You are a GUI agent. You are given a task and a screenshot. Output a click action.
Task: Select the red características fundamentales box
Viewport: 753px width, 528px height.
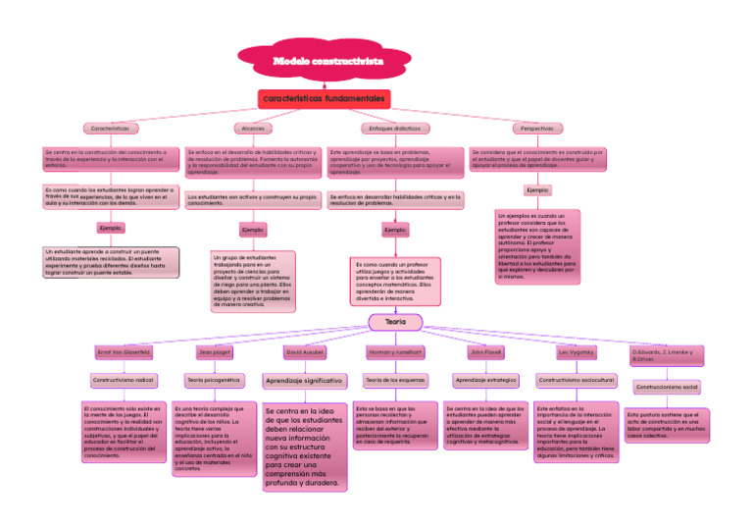click(325, 99)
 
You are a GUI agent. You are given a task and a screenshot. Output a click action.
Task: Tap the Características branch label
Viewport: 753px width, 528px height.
click(110, 129)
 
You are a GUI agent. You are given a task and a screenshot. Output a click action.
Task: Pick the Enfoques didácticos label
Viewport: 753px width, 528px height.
click(394, 129)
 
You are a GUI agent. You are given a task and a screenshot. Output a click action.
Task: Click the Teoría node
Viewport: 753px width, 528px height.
click(395, 322)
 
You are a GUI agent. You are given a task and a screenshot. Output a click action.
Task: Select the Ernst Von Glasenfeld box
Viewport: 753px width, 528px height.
click(124, 351)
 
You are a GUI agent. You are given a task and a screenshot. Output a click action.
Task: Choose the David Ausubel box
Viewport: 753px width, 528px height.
click(304, 351)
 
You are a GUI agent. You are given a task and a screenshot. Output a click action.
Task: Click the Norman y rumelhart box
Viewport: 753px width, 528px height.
click(395, 351)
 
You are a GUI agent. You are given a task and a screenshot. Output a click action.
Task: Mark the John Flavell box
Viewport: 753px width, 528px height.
click(485, 351)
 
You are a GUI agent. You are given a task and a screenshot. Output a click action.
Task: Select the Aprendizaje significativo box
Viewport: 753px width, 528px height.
click(304, 380)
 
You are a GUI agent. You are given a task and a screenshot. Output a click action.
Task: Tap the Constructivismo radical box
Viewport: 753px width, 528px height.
click(124, 379)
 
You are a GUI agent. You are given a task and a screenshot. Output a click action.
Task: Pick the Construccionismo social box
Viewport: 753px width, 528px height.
click(666, 388)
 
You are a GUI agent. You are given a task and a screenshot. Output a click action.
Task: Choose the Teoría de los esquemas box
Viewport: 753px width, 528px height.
click(395, 379)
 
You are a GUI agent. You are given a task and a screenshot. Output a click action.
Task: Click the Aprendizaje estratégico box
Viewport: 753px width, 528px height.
click(485, 379)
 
